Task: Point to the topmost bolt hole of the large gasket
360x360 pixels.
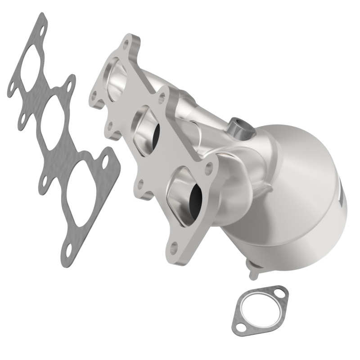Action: [41, 33]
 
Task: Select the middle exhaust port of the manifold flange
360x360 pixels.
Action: [148, 128]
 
